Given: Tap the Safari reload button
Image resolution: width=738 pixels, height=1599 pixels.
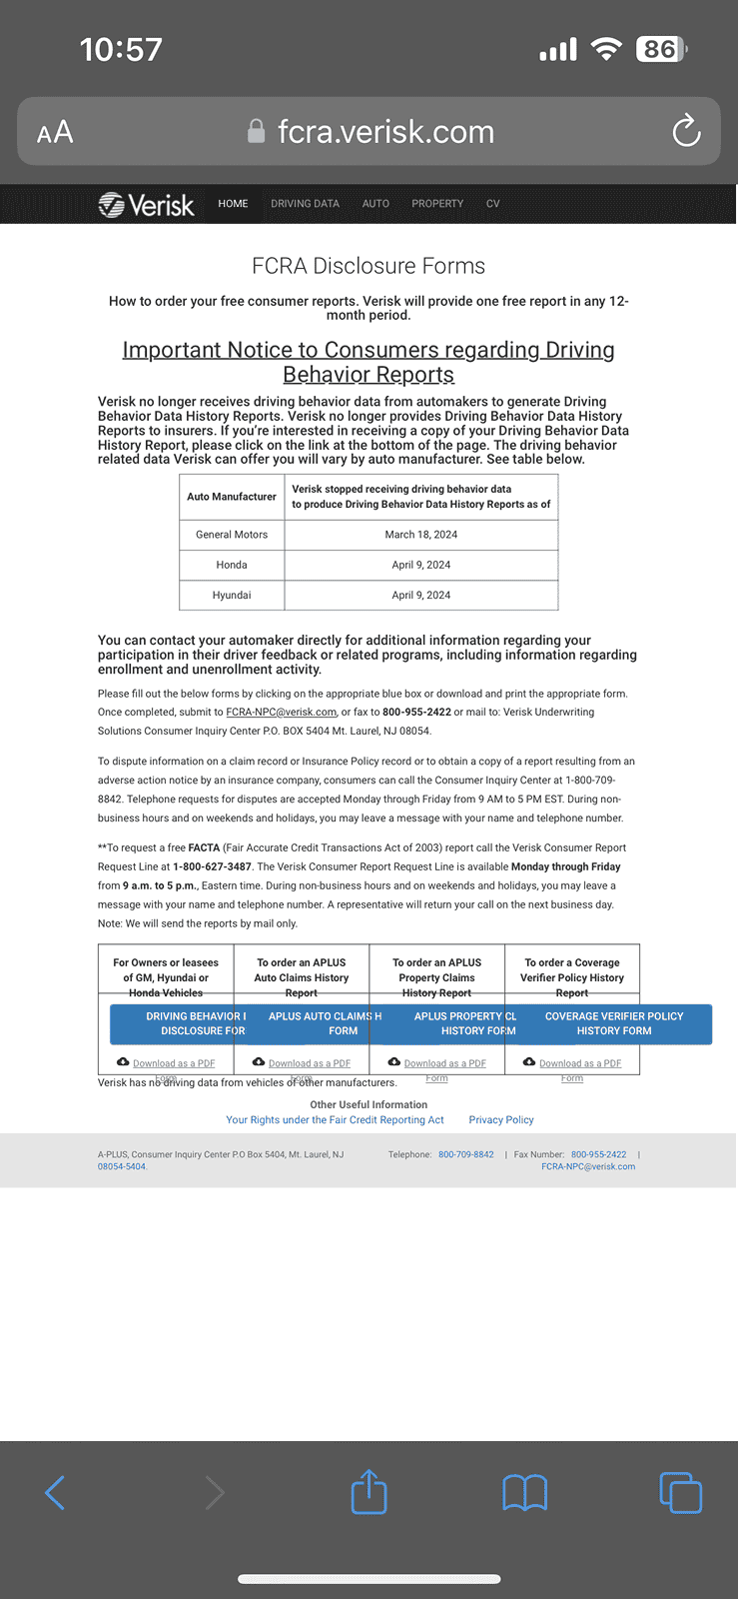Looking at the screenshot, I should (686, 131).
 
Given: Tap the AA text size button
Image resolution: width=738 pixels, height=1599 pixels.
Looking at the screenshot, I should (55, 132).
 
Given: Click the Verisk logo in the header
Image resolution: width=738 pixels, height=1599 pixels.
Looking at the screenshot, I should (146, 204).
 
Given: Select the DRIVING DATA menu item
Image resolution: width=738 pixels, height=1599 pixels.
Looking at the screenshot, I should (305, 204).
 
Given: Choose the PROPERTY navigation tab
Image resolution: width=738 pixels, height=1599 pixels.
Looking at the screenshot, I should (437, 204).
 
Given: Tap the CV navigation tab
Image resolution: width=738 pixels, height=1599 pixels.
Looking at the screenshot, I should (492, 204).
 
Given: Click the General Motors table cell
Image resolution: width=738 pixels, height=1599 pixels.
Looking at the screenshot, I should (232, 535).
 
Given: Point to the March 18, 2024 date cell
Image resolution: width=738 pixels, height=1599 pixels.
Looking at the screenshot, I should (420, 535).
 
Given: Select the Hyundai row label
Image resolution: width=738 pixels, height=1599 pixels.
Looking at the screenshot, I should (232, 595).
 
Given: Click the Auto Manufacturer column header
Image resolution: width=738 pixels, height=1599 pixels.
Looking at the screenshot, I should (232, 497).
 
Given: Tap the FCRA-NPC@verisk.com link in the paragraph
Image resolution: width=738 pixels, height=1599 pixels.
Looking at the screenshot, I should (281, 713).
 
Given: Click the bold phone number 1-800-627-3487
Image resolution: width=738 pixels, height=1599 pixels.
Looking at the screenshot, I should (212, 867).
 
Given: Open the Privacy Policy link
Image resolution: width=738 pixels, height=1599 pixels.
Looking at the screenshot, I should (501, 1120).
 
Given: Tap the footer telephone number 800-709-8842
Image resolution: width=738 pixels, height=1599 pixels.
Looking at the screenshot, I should (465, 1154).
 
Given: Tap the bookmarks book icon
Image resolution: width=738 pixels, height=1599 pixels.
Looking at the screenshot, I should (524, 1492).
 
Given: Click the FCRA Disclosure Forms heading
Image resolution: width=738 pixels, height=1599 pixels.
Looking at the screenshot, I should (369, 266).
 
